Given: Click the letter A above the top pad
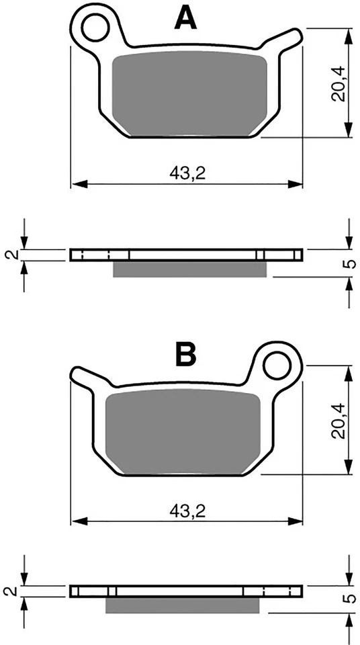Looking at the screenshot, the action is coord(185,19).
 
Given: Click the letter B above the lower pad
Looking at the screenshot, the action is coord(185,355).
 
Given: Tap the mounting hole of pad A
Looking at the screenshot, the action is coord(95,28).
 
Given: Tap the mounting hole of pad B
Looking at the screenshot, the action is coord(277,365).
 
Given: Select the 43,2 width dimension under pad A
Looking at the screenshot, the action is coord(187,175).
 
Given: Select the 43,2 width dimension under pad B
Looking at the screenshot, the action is coord(187,511).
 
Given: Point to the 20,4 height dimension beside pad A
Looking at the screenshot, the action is coord(339,85).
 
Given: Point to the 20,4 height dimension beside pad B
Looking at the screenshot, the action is coord(339,421).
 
